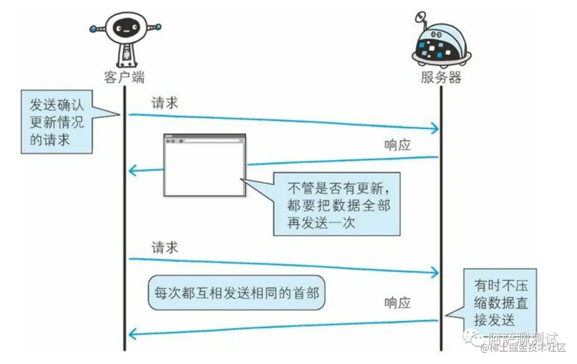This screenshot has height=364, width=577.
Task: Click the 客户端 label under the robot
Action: coord(124,77)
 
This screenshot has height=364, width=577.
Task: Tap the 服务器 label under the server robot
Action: coord(441,78)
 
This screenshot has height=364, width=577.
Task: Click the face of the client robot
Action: coord(124,27)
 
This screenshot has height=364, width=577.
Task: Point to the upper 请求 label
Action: coord(165,103)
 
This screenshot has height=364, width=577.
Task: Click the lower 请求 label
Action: coord(165,247)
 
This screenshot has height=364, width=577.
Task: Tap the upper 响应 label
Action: coord(397,145)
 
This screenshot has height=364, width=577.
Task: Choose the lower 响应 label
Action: coord(397,303)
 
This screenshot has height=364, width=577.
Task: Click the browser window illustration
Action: coord(205,166)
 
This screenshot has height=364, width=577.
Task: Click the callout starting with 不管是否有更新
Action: coord(337,204)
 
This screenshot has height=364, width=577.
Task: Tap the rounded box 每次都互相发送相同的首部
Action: coord(236,293)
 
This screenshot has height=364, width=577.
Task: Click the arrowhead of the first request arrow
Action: coord(435,128)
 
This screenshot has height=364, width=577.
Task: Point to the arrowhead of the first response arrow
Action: coord(133,171)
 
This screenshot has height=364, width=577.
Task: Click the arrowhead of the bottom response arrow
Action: coord(133,335)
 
